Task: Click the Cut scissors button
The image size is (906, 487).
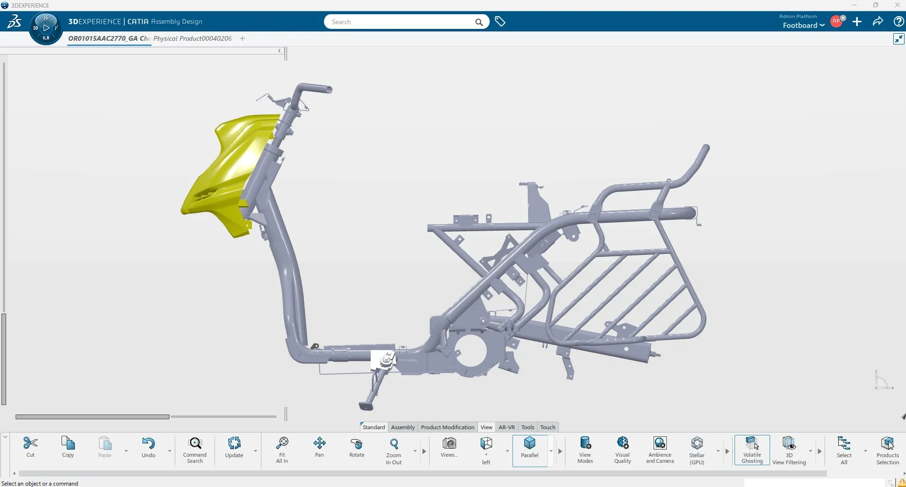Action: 30,447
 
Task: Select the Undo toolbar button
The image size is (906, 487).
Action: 148,447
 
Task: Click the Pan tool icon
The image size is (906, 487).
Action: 319,447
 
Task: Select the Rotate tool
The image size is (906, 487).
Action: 357,447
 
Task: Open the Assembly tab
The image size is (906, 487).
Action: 403,427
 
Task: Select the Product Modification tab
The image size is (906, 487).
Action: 447,427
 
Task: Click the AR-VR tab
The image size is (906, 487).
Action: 506,427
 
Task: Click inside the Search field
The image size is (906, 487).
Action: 400,22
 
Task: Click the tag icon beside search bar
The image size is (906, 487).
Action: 500,21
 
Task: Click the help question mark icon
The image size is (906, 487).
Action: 898,21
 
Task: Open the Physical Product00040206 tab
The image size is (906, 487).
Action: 192,38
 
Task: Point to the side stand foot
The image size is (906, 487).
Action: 366,406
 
